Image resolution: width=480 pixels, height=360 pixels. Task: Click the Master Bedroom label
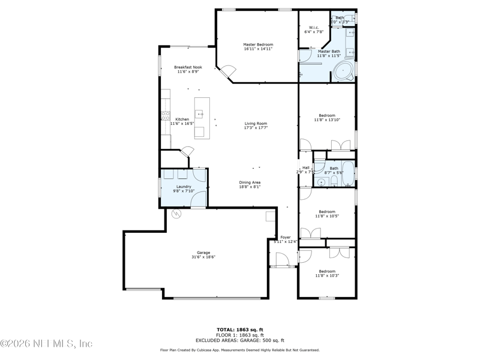(258, 45)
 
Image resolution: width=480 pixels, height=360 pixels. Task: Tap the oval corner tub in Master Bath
(343, 71)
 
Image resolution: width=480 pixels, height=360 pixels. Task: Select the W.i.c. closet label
(313, 28)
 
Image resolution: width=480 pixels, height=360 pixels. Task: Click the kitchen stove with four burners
(165, 116)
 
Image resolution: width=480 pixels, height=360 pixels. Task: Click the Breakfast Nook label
(188, 67)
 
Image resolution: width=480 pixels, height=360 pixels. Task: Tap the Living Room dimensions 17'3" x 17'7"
(256, 128)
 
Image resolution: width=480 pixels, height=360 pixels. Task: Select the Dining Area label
(250, 182)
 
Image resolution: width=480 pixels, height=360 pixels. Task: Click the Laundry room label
(184, 187)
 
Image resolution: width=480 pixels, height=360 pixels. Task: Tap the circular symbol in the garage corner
(176, 213)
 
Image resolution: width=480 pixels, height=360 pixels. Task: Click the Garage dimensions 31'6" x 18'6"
(203, 257)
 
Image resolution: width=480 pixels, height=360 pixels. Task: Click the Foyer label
(285, 238)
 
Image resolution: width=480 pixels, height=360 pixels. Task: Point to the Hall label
(305, 168)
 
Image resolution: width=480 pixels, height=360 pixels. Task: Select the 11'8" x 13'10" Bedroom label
(327, 115)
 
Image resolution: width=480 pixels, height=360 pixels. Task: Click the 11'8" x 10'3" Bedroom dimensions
(327, 275)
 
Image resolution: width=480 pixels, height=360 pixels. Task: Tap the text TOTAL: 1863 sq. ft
(239, 329)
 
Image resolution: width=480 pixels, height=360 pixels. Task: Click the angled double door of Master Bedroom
(226, 73)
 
